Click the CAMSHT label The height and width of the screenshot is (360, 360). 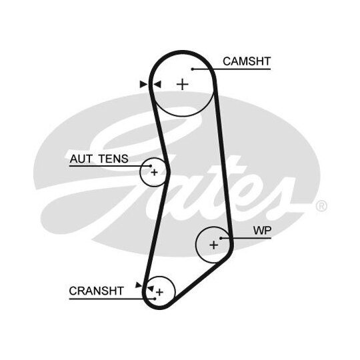click(x=247, y=61)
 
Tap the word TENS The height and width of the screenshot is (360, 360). click(x=113, y=159)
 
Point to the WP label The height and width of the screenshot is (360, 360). click(x=262, y=231)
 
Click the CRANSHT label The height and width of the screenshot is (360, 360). click(x=97, y=291)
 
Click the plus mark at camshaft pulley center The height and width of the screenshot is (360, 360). click(x=183, y=84)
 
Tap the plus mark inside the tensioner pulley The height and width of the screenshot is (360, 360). click(x=154, y=172)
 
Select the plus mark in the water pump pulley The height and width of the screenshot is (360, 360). click(x=214, y=245)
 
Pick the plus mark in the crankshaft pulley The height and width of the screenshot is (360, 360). click(x=159, y=292)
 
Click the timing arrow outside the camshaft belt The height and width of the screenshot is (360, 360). click(x=143, y=84)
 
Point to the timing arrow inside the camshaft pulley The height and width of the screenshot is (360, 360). click(x=157, y=84)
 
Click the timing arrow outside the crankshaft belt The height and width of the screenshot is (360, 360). click(x=139, y=285)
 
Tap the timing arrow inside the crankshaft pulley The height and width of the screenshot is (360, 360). click(x=151, y=289)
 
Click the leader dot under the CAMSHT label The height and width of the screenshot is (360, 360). click(x=193, y=69)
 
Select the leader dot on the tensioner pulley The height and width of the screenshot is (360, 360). click(x=151, y=166)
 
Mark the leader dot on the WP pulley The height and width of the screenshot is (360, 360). click(x=221, y=238)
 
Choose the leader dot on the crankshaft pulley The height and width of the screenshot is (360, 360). click(x=155, y=299)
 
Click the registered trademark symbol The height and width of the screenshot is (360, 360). click(x=321, y=206)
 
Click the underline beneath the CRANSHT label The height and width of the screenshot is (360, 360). click(x=112, y=299)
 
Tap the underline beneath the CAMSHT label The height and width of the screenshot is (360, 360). click(x=232, y=69)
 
